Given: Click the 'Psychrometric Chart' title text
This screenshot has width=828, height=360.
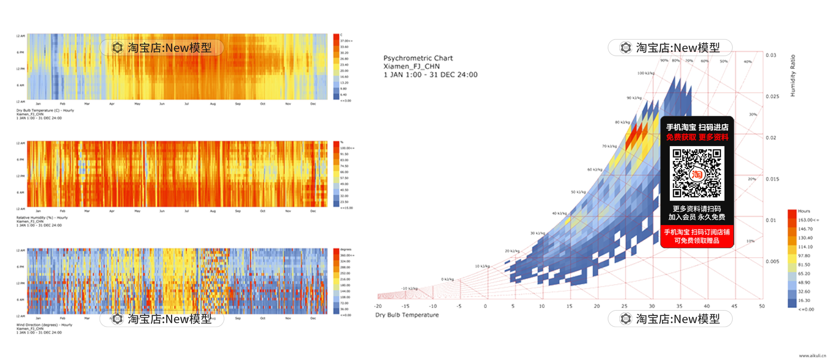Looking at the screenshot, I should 418,58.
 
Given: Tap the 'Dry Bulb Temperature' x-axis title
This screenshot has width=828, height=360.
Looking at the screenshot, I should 407,315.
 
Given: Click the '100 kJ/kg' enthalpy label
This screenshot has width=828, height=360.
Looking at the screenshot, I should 646,73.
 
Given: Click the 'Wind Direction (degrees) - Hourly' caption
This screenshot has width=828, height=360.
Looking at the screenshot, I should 44,325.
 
